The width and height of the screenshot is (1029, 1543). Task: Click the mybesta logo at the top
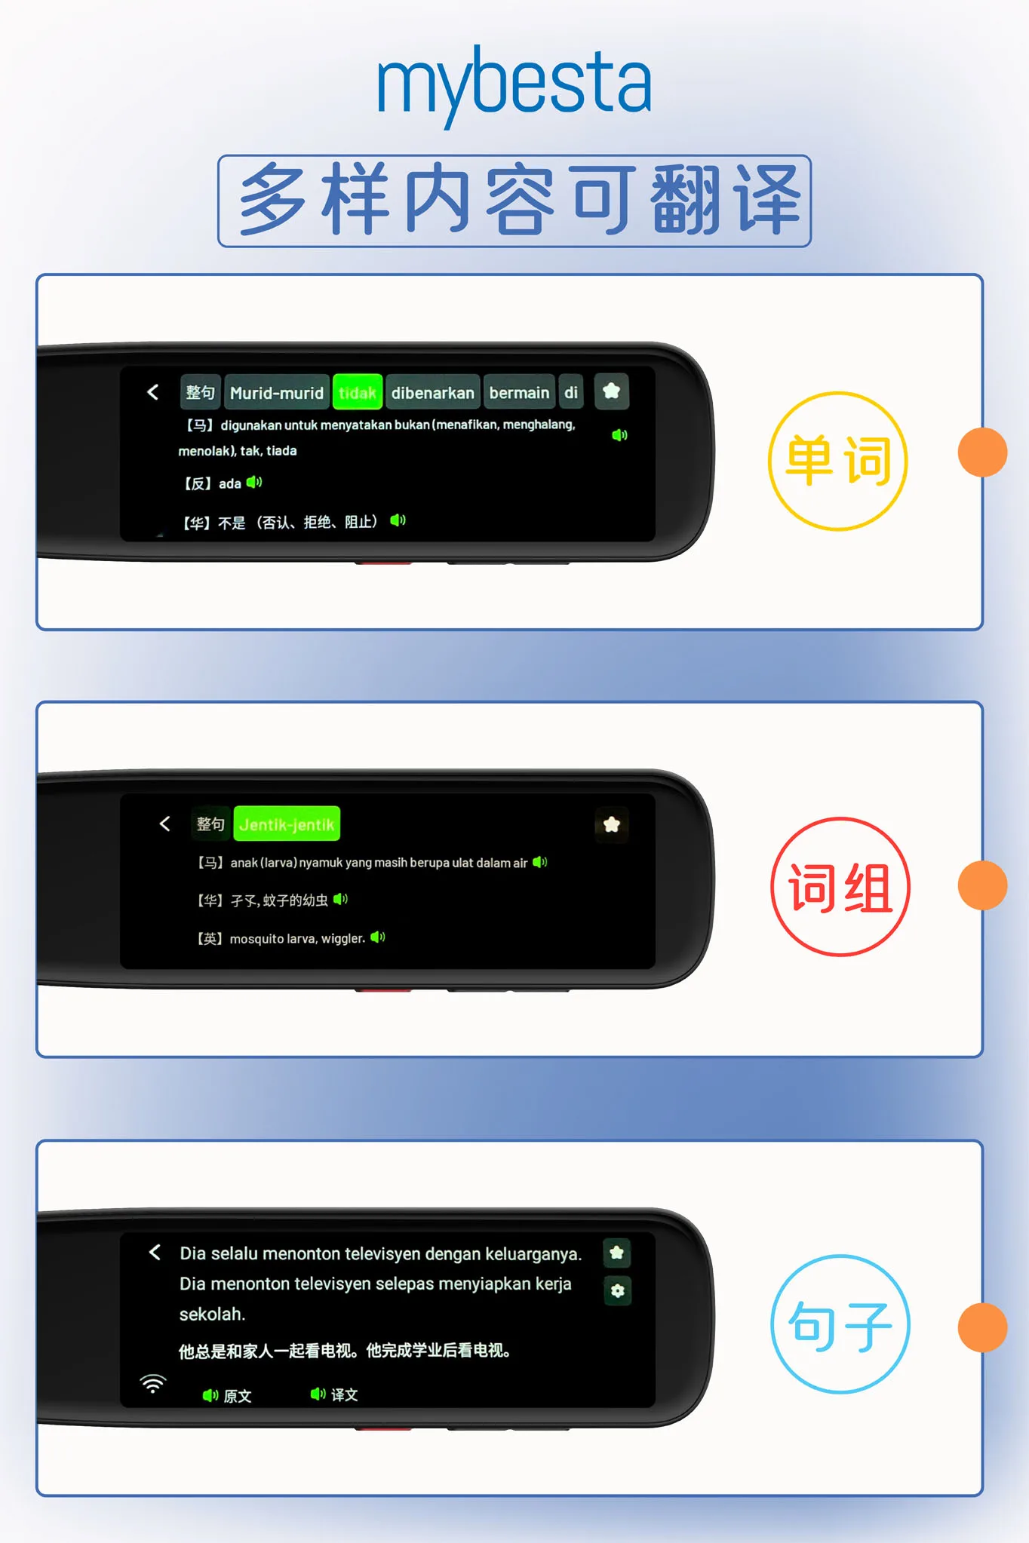(x=514, y=84)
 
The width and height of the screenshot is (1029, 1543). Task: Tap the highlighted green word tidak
(x=358, y=392)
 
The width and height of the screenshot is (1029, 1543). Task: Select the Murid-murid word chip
(x=277, y=392)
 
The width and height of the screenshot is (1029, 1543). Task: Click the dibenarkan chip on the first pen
(x=433, y=392)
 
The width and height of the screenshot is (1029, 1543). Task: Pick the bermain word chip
(x=519, y=392)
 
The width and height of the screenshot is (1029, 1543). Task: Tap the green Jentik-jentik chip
(x=287, y=824)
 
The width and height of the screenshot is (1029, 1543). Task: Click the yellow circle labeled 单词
(x=838, y=461)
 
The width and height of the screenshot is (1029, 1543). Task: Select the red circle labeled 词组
(x=840, y=887)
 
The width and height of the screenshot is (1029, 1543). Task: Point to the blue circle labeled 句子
(x=840, y=1324)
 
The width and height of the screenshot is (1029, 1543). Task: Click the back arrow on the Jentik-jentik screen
(x=165, y=824)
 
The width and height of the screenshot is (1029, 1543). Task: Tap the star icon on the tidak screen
(x=612, y=391)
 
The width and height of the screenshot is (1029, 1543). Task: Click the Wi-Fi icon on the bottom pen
(x=152, y=1384)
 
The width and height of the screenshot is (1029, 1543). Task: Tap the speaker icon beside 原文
(x=210, y=1395)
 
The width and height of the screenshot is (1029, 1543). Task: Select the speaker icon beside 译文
(x=318, y=1394)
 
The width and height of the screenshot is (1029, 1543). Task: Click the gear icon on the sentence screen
(x=618, y=1290)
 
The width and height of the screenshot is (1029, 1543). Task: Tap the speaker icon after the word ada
(x=254, y=482)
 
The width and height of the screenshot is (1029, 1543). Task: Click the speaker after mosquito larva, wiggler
(x=378, y=937)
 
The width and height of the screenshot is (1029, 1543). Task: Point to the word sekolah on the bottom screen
(x=211, y=1314)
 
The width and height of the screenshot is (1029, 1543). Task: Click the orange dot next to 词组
(x=982, y=885)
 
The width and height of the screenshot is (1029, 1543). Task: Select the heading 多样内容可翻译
(x=514, y=201)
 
